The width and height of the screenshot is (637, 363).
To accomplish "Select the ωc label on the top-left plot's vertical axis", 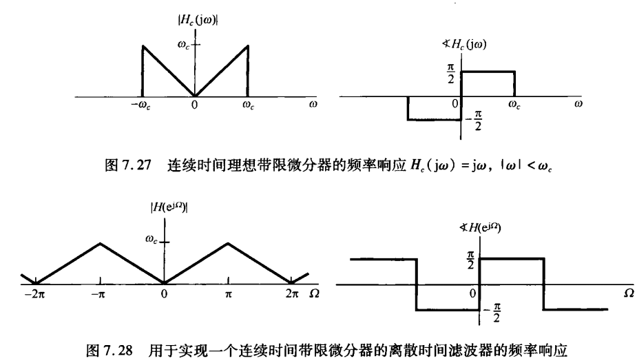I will [183, 45].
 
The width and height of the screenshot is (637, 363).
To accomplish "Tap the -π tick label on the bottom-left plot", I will [100, 293].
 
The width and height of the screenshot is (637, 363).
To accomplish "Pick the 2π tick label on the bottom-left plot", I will [293, 293].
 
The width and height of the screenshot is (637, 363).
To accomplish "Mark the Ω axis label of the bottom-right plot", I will [627, 294].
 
